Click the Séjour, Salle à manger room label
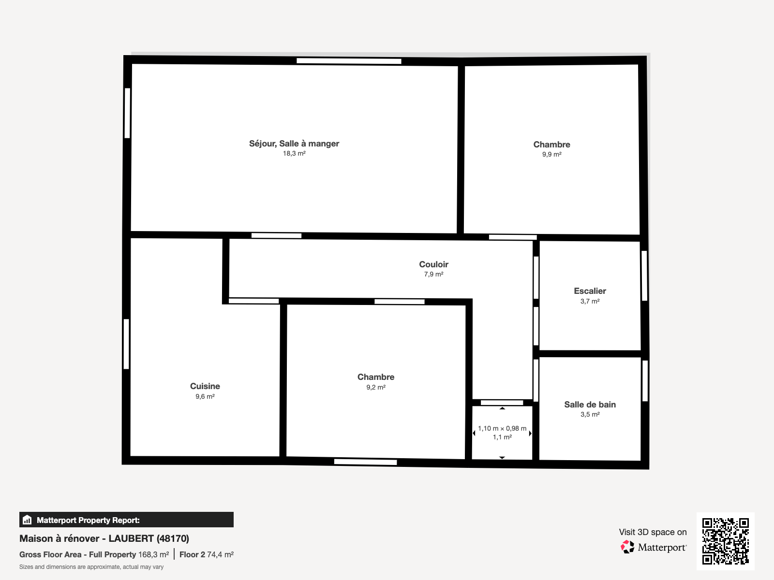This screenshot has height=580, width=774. (294, 144)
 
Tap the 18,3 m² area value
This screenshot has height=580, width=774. (294, 154)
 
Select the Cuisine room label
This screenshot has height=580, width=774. (205, 386)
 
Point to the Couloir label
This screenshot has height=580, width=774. (433, 264)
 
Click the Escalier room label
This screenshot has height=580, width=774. (590, 291)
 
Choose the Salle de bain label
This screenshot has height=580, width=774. (590, 404)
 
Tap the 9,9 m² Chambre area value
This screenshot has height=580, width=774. (551, 154)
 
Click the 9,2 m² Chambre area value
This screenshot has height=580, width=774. (375, 387)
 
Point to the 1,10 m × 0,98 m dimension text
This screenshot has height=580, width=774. (502, 428)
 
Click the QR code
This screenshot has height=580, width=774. (725, 541)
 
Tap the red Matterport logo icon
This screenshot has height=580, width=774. (627, 547)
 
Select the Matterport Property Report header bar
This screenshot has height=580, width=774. (126, 520)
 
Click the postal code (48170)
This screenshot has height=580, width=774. (173, 538)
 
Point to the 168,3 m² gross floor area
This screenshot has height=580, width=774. (153, 555)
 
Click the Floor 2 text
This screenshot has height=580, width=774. (192, 555)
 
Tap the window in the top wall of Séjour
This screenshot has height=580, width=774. (349, 61)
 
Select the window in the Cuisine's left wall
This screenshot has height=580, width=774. (126, 344)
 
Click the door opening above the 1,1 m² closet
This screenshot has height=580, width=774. (502, 403)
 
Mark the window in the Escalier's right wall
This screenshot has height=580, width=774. (644, 275)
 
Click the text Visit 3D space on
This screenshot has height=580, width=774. (653, 532)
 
